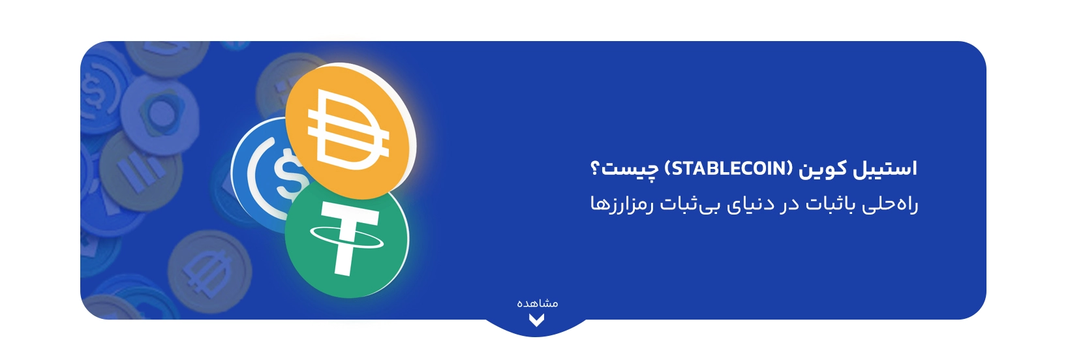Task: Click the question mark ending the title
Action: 594,168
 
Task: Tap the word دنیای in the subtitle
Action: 751,205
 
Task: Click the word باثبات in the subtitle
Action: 831,205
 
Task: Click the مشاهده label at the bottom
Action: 537,303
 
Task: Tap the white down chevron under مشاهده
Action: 536,320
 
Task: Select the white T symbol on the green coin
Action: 344,239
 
